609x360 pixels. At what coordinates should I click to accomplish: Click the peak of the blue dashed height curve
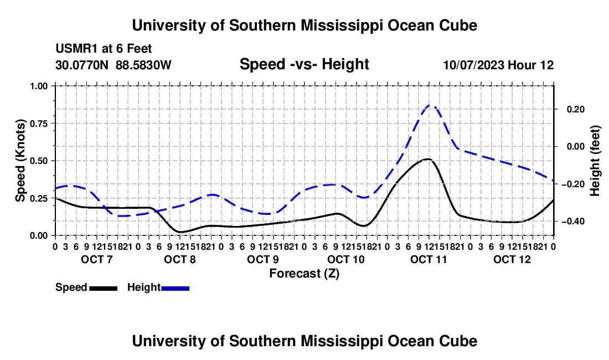[429, 105]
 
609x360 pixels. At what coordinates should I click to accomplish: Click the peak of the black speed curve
[427, 159]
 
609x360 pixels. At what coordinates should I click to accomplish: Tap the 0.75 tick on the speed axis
[40, 124]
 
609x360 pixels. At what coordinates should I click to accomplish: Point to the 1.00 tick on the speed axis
[40, 86]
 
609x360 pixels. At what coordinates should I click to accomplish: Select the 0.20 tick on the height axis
[576, 109]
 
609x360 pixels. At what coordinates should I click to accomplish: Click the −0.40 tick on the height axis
[573, 222]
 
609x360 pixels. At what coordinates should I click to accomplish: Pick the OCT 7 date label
[97, 259]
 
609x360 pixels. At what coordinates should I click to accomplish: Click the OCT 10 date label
[346, 259]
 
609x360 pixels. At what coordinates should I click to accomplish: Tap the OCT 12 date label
[512, 259]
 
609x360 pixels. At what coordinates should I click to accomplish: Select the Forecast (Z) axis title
[304, 274]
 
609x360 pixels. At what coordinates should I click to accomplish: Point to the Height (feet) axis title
[595, 161]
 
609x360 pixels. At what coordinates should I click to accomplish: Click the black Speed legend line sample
[104, 289]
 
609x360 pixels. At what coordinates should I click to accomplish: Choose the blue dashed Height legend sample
[175, 289]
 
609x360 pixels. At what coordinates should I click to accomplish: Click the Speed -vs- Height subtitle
[304, 64]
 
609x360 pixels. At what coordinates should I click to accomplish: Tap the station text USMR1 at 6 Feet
[104, 49]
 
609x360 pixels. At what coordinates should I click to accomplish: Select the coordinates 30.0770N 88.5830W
[113, 65]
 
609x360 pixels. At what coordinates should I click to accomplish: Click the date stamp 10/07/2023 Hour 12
[498, 65]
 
